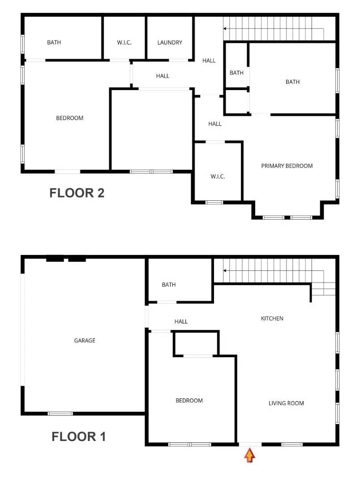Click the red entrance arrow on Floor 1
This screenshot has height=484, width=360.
tap(249, 456)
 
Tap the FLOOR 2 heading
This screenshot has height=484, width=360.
tap(77, 193)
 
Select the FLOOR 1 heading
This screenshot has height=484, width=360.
tap(78, 436)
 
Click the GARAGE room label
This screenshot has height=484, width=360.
tap(85, 341)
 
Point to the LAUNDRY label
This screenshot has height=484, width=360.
tap(170, 43)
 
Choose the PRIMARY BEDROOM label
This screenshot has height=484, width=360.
tap(287, 166)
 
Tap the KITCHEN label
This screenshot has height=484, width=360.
tap(272, 319)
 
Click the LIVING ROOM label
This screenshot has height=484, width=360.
tap(286, 403)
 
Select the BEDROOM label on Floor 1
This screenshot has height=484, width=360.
tap(189, 401)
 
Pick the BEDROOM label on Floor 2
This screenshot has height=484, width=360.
tap(69, 118)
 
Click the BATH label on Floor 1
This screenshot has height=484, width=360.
tap(169, 285)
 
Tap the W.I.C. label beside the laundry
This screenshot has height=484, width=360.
tap(124, 43)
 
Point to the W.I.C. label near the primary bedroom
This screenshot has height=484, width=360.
tap(218, 177)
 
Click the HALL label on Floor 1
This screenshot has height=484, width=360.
tap(181, 322)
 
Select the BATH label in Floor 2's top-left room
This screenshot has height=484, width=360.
tap(54, 43)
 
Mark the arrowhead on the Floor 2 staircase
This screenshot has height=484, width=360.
tap(225, 28)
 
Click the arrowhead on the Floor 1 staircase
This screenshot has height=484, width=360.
tap(225, 271)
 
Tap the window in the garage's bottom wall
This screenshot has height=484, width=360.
tap(60, 414)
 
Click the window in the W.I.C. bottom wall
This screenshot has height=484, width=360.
tap(214, 203)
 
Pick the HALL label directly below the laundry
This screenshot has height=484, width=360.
tap(163, 76)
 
